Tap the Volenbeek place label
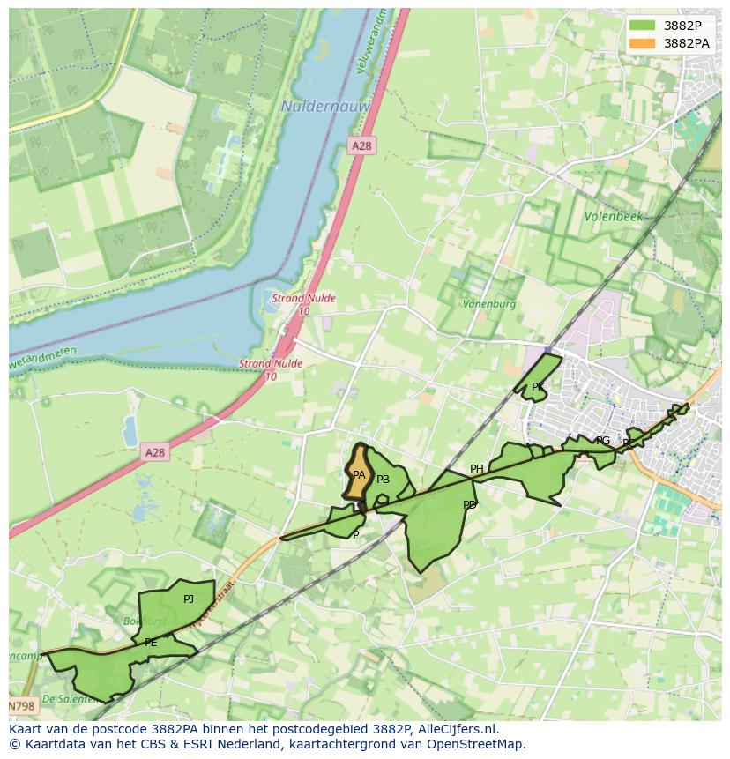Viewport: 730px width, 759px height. (614, 216)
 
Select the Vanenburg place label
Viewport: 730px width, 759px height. (489, 304)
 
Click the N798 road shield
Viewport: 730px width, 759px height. (23, 706)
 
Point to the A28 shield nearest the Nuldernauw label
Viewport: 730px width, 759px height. (361, 145)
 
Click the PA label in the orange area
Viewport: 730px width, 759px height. (359, 475)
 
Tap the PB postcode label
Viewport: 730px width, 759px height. (383, 480)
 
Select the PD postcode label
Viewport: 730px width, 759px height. (469, 505)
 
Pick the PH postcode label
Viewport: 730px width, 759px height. (476, 469)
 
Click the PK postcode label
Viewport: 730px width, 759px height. (537, 387)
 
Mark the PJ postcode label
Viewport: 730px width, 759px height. (188, 599)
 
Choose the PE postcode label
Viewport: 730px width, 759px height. (151, 643)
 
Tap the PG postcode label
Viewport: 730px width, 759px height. (603, 441)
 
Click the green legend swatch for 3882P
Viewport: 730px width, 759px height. (643, 26)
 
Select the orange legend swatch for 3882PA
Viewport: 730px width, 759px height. (643, 43)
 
